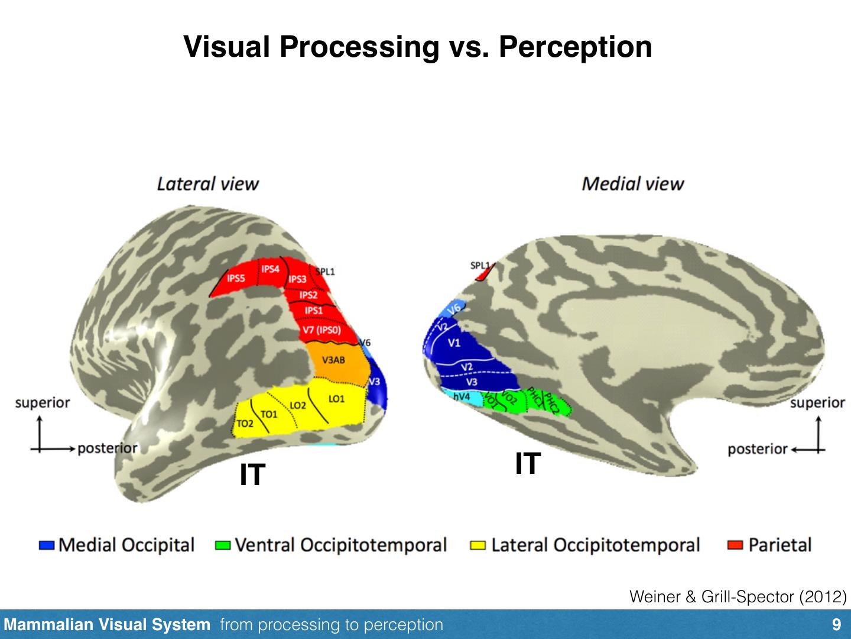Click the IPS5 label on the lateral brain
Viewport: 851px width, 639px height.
click(x=236, y=278)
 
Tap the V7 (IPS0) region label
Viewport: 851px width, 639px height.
click(x=321, y=330)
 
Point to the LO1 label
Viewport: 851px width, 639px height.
click(x=336, y=399)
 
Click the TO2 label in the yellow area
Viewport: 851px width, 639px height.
click(x=245, y=424)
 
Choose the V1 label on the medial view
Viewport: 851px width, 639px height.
click(x=454, y=343)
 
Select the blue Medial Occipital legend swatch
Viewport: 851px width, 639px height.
click(x=47, y=545)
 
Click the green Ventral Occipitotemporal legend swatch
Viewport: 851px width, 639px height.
click(x=223, y=545)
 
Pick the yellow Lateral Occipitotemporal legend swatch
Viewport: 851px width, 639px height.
click(x=478, y=545)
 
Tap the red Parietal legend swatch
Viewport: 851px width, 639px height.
click(x=735, y=545)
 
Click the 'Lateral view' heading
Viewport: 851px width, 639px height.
click(x=207, y=183)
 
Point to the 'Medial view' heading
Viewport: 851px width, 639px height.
click(x=632, y=183)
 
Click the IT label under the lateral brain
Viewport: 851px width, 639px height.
click(x=252, y=475)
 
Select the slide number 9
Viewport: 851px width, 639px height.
click(x=836, y=625)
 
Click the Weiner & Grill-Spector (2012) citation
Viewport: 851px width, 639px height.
click(x=738, y=596)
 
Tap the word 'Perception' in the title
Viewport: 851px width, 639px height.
click(x=575, y=47)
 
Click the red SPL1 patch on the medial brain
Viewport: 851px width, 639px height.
click(x=485, y=274)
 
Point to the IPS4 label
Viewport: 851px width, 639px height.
click(x=270, y=269)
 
